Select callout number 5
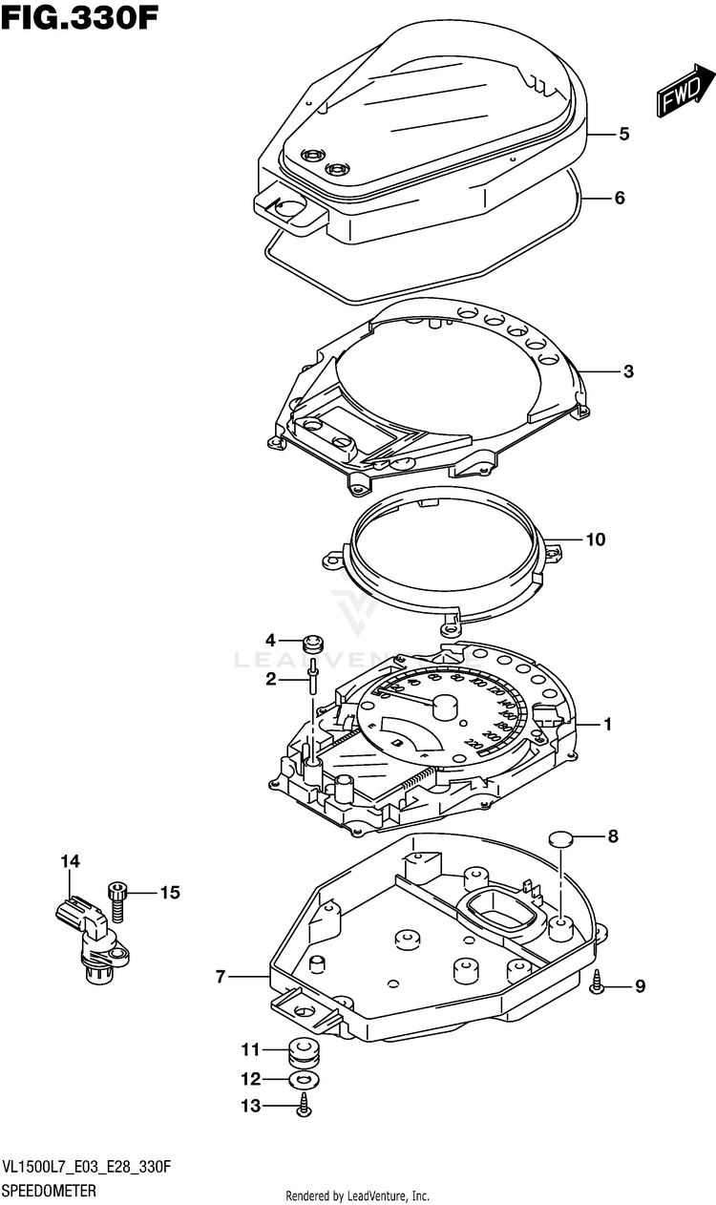(x=623, y=135)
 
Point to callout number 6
(x=620, y=199)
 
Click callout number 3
(x=628, y=371)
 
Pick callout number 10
(x=595, y=539)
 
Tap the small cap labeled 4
(x=311, y=642)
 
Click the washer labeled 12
(x=305, y=1080)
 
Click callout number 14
(x=70, y=861)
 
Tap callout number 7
(x=221, y=977)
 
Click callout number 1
(x=606, y=725)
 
